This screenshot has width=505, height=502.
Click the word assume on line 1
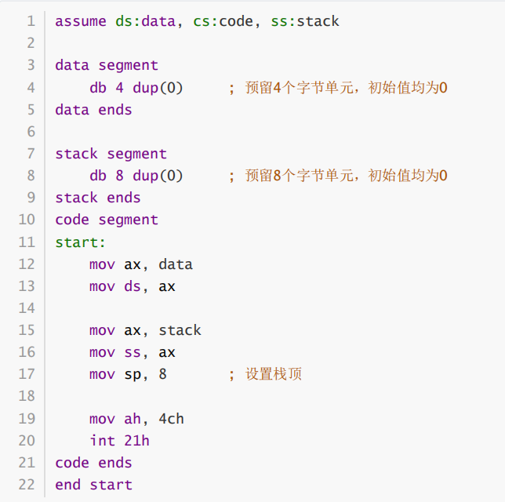(x=81, y=21)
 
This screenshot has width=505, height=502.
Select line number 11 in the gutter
(x=26, y=242)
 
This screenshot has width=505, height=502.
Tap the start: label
(x=81, y=242)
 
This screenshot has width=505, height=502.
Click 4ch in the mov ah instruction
(x=172, y=419)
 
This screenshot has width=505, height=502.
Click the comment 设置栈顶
(x=274, y=375)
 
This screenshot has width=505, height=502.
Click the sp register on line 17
(x=133, y=375)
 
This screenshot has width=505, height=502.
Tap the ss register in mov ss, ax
(x=133, y=353)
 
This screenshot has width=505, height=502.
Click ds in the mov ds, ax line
(x=133, y=286)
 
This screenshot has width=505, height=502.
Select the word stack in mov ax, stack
(x=180, y=330)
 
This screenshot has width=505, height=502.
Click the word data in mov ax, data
(x=176, y=264)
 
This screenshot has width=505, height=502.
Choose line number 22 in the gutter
(x=26, y=485)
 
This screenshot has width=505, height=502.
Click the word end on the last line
(x=67, y=485)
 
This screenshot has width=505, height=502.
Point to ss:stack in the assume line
(x=305, y=21)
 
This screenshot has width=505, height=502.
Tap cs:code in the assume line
(x=223, y=21)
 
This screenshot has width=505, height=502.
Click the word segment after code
(x=129, y=220)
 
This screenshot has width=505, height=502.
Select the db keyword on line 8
(x=98, y=176)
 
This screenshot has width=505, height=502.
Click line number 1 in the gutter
(x=31, y=21)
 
